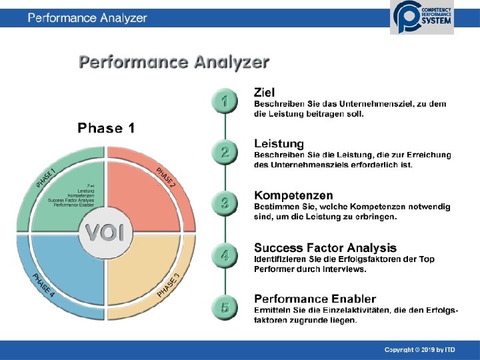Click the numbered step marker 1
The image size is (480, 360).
tap(225, 101)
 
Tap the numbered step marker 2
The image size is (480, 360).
tap(225, 152)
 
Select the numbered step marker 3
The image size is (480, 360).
tap(225, 203)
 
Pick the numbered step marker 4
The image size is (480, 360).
tap(225, 255)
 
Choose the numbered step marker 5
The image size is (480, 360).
tap(225, 307)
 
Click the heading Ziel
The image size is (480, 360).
tap(265, 91)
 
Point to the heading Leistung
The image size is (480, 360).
tap(279, 143)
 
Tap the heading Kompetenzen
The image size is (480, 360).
tap(293, 195)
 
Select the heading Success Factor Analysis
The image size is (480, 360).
tap(325, 248)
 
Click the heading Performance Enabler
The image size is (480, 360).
tap(315, 299)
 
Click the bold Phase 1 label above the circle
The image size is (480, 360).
tap(106, 128)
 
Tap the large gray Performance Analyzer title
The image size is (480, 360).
tap(174, 63)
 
